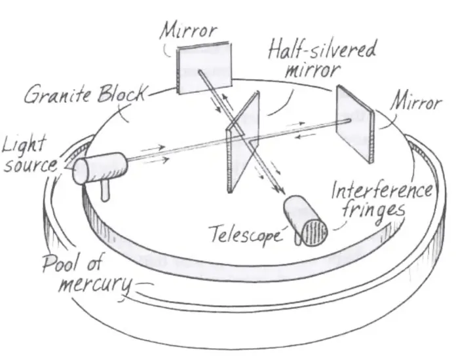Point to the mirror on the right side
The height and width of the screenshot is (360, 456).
354,122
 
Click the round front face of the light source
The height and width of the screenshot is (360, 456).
81,171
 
